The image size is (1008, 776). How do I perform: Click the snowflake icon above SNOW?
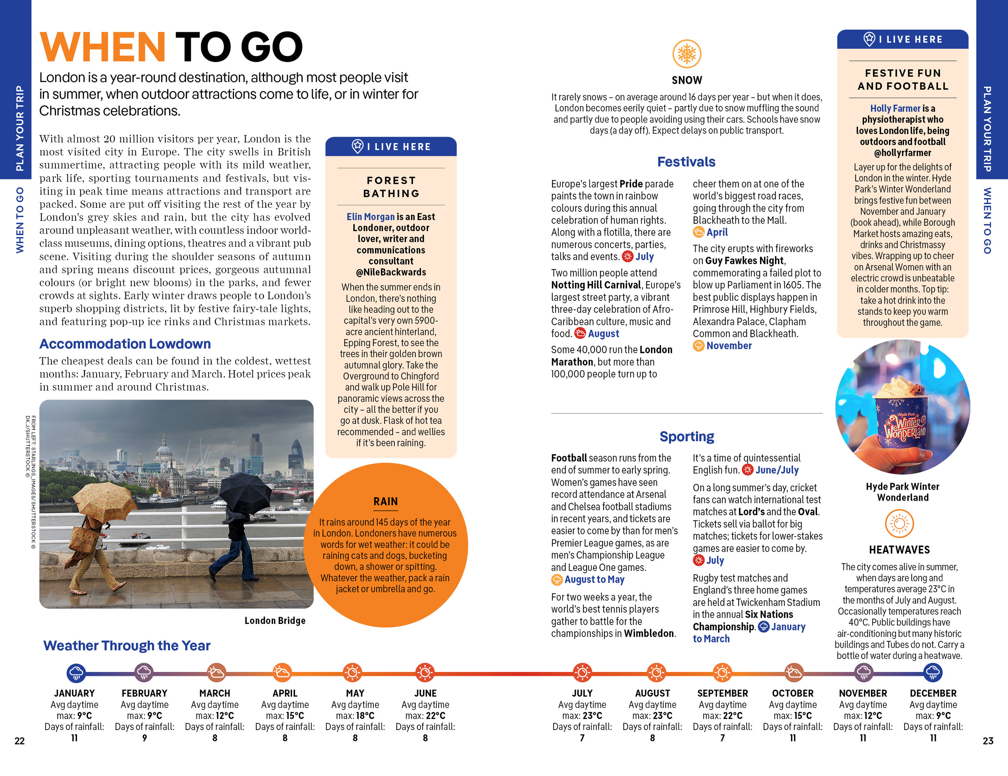(686, 54)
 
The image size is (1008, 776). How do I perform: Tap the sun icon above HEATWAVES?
(899, 524)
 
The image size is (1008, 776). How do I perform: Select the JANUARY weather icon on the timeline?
(76, 673)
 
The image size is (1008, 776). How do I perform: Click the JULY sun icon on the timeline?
(582, 673)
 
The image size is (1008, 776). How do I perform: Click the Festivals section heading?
(686, 162)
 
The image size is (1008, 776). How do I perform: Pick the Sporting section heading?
(686, 437)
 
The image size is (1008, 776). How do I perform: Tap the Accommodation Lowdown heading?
(125, 344)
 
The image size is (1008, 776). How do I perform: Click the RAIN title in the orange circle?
(385, 501)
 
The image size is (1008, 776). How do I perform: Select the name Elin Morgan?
(371, 217)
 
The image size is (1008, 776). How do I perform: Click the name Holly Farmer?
(895, 108)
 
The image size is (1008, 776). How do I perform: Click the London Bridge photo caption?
(275, 621)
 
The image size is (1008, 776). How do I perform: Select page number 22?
(19, 741)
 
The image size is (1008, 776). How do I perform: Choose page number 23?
(988, 741)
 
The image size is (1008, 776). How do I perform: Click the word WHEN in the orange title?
(102, 47)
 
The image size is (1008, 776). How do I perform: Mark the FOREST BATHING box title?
(391, 187)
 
